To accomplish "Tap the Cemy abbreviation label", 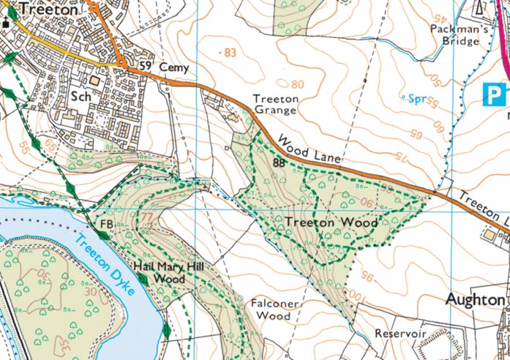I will coord(174,68).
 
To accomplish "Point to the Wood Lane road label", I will coord(306,146).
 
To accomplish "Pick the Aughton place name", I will coord(476,300).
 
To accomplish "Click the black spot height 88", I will coord(278,164).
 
